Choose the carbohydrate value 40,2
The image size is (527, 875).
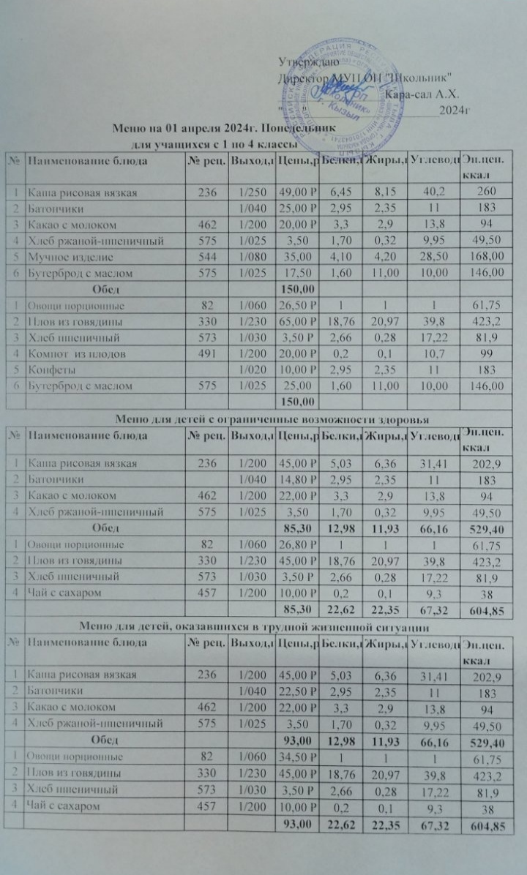[432, 193]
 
